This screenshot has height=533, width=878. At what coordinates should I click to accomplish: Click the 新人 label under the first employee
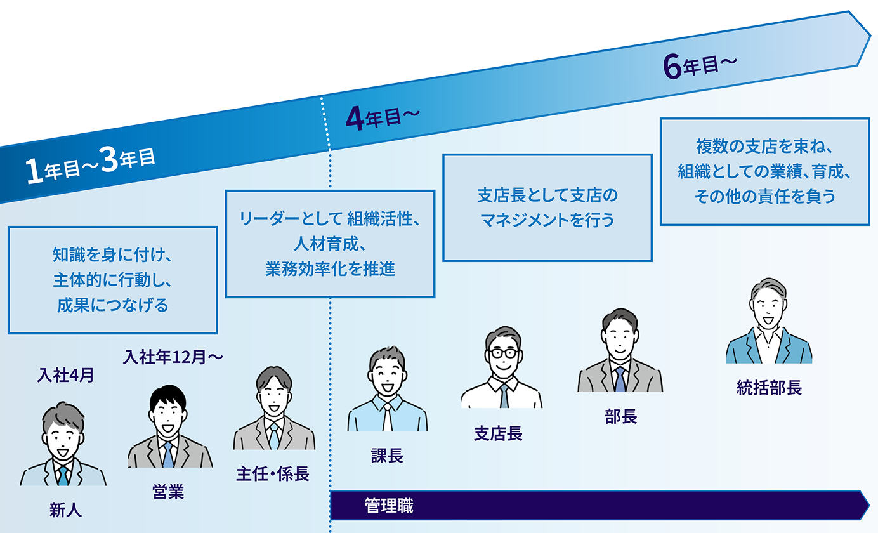click(x=65, y=510)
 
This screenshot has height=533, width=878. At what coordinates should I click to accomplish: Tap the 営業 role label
click(x=168, y=492)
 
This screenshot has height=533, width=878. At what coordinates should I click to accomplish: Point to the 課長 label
click(x=387, y=456)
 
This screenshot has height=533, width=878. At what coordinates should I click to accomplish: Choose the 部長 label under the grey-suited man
click(x=620, y=416)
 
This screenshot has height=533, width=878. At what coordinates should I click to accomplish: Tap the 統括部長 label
click(x=769, y=388)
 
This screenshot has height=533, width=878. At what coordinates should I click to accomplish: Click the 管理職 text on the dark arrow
click(x=389, y=506)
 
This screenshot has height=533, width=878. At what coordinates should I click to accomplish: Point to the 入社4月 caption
click(x=65, y=376)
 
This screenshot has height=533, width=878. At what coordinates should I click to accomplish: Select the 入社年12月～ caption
click(x=173, y=358)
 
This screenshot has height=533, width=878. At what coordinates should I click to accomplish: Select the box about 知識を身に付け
click(x=113, y=280)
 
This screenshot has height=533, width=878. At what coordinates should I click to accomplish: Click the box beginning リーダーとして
click(x=330, y=244)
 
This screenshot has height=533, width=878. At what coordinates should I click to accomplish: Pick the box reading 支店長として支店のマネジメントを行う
click(x=547, y=207)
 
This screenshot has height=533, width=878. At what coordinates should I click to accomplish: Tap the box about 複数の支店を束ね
click(x=764, y=171)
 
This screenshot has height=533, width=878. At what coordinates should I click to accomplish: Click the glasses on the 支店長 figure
click(x=502, y=353)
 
